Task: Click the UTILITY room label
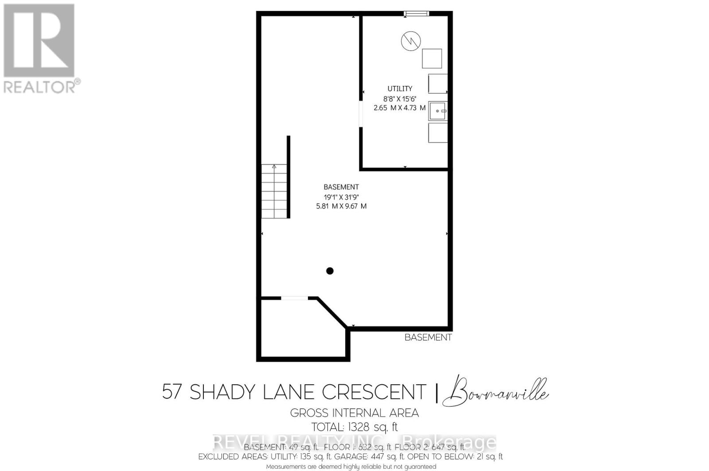pos(400,89)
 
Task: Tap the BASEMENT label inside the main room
pos(341,187)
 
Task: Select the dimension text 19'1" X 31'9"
pos(341,197)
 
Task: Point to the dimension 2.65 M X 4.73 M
pos(400,108)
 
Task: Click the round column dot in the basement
pos(330,271)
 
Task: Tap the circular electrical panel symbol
pos(410,41)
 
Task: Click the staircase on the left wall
pos(274,191)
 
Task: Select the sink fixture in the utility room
pos(438,111)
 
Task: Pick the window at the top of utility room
pos(417,14)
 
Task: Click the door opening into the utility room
pos(361,114)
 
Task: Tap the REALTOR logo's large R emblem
pos(39,41)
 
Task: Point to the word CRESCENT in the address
pos(374,392)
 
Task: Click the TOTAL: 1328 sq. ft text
pos(354,427)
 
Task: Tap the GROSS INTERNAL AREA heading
pos(354,413)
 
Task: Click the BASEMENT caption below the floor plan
pos(428,337)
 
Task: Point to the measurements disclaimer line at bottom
pos(351,467)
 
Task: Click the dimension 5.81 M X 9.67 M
pos(341,206)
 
